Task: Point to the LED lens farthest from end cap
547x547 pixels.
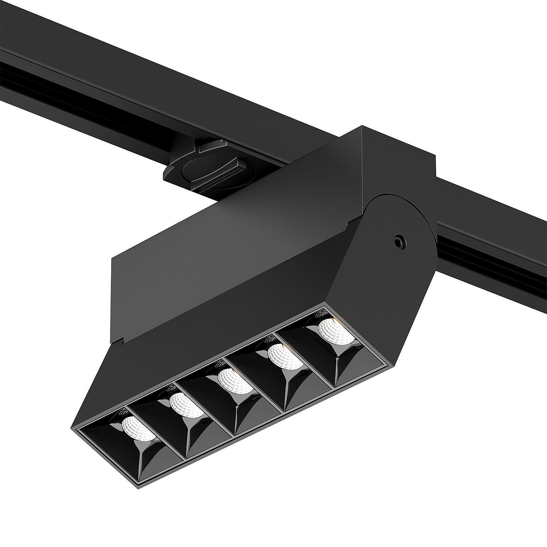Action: (139, 429)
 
